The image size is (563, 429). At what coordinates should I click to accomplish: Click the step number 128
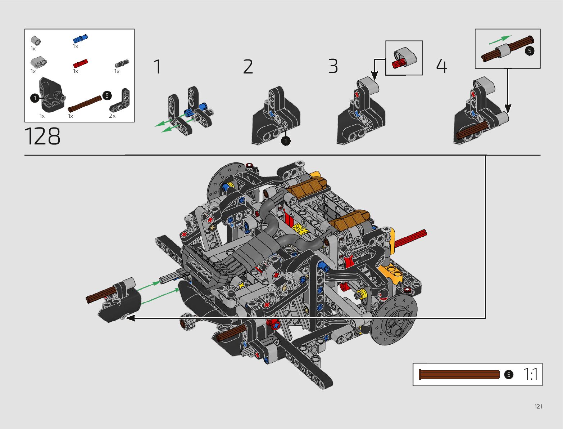42,137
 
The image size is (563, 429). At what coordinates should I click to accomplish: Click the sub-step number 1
157,67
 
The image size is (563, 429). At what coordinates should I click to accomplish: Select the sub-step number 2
248,67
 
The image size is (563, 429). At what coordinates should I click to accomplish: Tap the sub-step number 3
333,66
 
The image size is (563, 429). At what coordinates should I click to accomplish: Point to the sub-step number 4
441,66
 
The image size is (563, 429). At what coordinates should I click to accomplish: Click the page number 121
538,407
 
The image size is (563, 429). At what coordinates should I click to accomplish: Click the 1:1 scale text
530,375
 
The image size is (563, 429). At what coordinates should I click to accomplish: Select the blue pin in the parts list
80,39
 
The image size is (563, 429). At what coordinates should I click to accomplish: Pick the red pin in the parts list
81,63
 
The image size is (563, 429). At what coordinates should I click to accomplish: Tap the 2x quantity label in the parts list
112,116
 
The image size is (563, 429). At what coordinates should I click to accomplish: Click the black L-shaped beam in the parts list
120,101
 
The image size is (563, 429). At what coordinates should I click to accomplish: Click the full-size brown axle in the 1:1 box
459,375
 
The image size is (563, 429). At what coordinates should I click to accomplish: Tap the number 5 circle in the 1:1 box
508,375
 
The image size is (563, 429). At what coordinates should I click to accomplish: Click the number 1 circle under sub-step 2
286,141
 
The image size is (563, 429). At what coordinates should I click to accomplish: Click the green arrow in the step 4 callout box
500,39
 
